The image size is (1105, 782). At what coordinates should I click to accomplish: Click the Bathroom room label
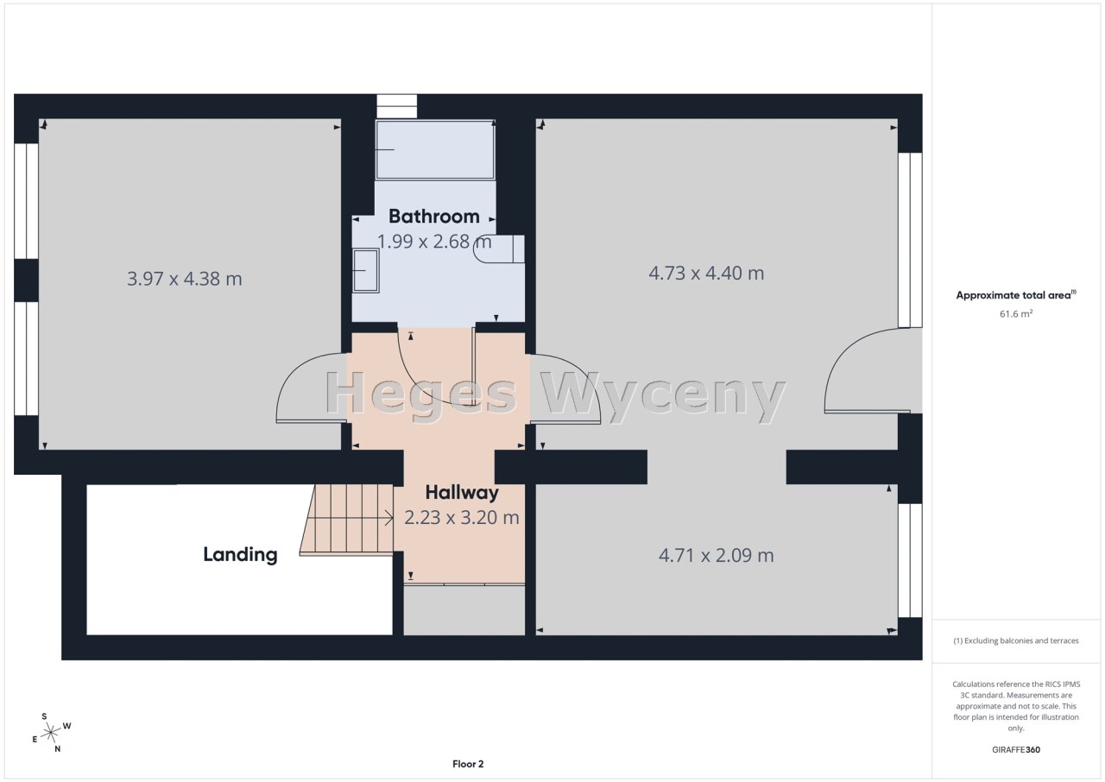click(x=433, y=217)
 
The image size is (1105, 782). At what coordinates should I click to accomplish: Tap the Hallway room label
click(x=462, y=493)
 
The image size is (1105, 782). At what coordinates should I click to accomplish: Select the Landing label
click(x=240, y=555)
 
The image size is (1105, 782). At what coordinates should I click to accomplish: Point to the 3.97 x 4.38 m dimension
click(x=185, y=279)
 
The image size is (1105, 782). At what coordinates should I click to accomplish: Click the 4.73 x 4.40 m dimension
click(x=706, y=273)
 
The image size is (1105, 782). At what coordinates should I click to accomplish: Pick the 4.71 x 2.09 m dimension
click(x=717, y=556)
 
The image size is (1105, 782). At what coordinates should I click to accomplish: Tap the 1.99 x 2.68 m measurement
click(x=434, y=242)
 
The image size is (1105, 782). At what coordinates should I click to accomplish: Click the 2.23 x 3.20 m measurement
click(x=462, y=518)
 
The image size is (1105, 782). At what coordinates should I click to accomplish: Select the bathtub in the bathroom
click(x=435, y=149)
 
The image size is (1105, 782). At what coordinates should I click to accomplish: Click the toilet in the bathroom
click(x=499, y=249)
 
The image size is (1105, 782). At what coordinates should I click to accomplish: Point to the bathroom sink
click(x=365, y=271)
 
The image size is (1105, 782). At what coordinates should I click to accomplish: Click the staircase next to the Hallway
click(x=347, y=520)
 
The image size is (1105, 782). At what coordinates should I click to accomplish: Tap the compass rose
click(x=51, y=733)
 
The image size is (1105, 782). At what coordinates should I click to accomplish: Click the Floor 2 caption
click(x=468, y=764)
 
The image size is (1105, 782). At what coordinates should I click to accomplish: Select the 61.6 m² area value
click(x=1016, y=313)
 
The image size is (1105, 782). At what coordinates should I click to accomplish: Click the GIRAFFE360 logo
click(x=1016, y=749)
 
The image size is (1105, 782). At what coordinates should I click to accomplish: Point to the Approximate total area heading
click(x=1016, y=295)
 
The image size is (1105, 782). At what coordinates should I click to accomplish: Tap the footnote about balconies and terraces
click(x=1016, y=640)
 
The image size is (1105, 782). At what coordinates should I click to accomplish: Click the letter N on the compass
click(x=58, y=749)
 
